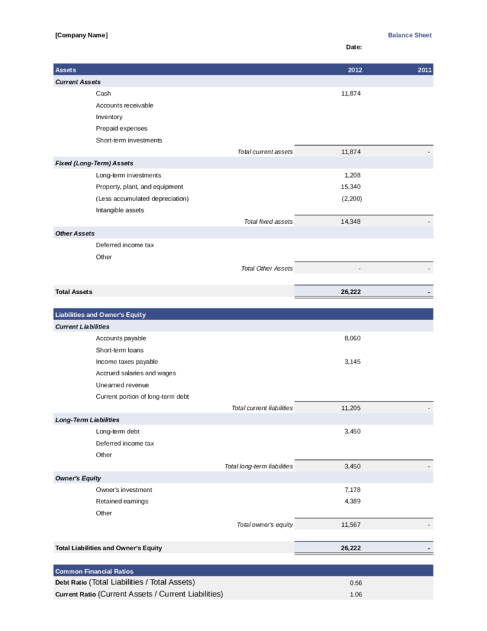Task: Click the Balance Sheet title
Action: [x=409, y=35]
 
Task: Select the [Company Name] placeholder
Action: [x=81, y=35]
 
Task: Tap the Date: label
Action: [x=354, y=47]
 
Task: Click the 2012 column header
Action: [x=354, y=70]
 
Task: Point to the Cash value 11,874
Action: [x=350, y=94]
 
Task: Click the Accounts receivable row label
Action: [x=124, y=105]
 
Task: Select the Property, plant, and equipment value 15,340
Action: [x=350, y=187]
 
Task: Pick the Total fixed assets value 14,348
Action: [x=350, y=222]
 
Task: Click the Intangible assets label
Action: [x=120, y=210]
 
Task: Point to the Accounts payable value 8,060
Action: [x=352, y=338]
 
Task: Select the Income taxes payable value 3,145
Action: [x=352, y=362]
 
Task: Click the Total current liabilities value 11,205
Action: [x=350, y=409]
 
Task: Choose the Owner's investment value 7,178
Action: [x=352, y=490]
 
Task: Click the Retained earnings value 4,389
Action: [x=352, y=502]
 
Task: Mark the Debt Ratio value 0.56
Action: [x=356, y=584]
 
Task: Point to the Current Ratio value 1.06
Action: [x=356, y=595]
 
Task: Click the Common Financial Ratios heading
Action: [x=94, y=571]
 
